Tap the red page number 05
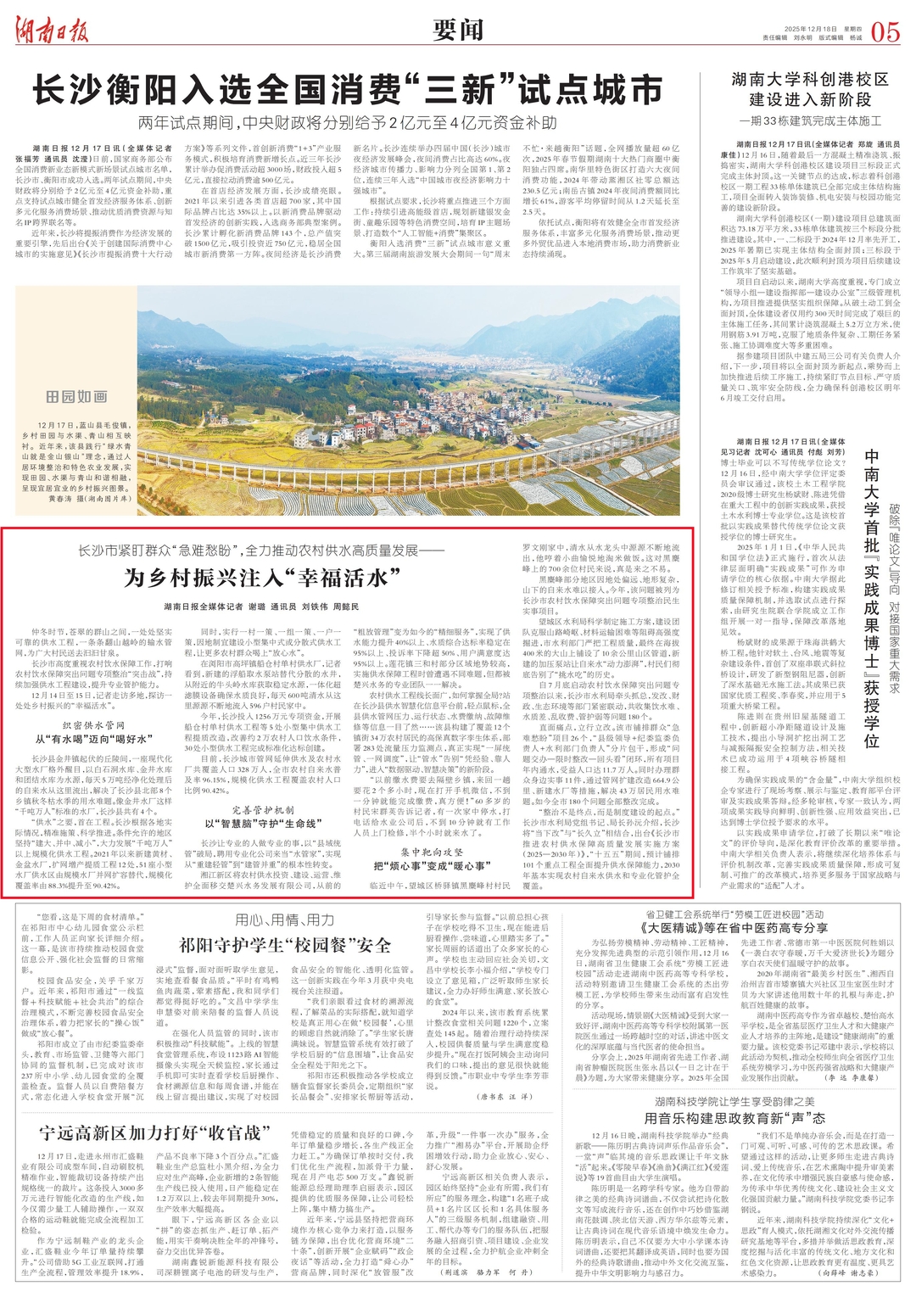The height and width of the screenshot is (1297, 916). tap(885, 32)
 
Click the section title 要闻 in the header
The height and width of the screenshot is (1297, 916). tap(458, 31)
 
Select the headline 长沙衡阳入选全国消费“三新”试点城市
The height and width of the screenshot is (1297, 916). tap(347, 89)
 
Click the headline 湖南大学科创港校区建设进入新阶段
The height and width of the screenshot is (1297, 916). tap(810, 89)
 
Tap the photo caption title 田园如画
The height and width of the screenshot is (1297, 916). tap(76, 397)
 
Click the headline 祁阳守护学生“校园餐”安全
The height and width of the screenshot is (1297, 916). tap(284, 945)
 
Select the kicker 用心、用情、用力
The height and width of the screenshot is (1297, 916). tap(284, 920)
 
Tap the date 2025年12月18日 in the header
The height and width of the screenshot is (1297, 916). tap(805, 28)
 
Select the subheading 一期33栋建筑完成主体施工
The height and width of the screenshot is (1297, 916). tap(810, 121)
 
